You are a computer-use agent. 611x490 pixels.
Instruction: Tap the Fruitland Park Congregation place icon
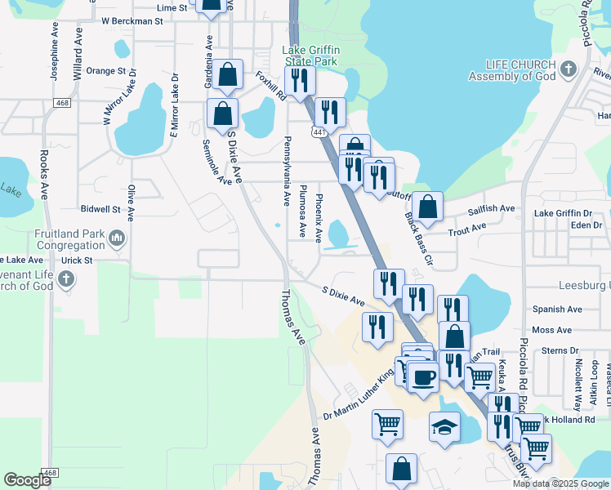click(x=117, y=238)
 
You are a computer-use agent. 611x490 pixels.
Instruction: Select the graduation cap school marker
click(x=444, y=427)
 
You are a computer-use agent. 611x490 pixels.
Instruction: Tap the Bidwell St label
click(x=100, y=209)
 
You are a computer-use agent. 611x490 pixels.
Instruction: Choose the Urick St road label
click(x=76, y=260)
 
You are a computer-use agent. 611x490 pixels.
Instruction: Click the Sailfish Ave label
click(x=491, y=209)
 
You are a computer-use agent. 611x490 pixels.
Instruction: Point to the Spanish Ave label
click(x=557, y=310)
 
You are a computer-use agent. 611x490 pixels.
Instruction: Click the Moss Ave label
click(x=552, y=330)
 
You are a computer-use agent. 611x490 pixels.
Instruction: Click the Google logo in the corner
click(x=27, y=480)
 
